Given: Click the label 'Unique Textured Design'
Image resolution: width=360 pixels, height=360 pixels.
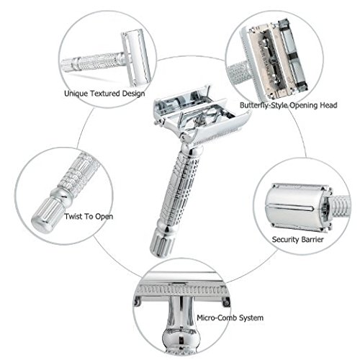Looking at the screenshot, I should point(104,94).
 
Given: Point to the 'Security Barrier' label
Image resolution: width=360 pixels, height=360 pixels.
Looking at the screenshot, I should point(297,238).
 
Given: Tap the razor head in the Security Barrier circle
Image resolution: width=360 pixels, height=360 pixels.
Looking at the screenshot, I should point(295,205).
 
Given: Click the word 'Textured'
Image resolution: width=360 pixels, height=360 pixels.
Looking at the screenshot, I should point(106,94).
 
